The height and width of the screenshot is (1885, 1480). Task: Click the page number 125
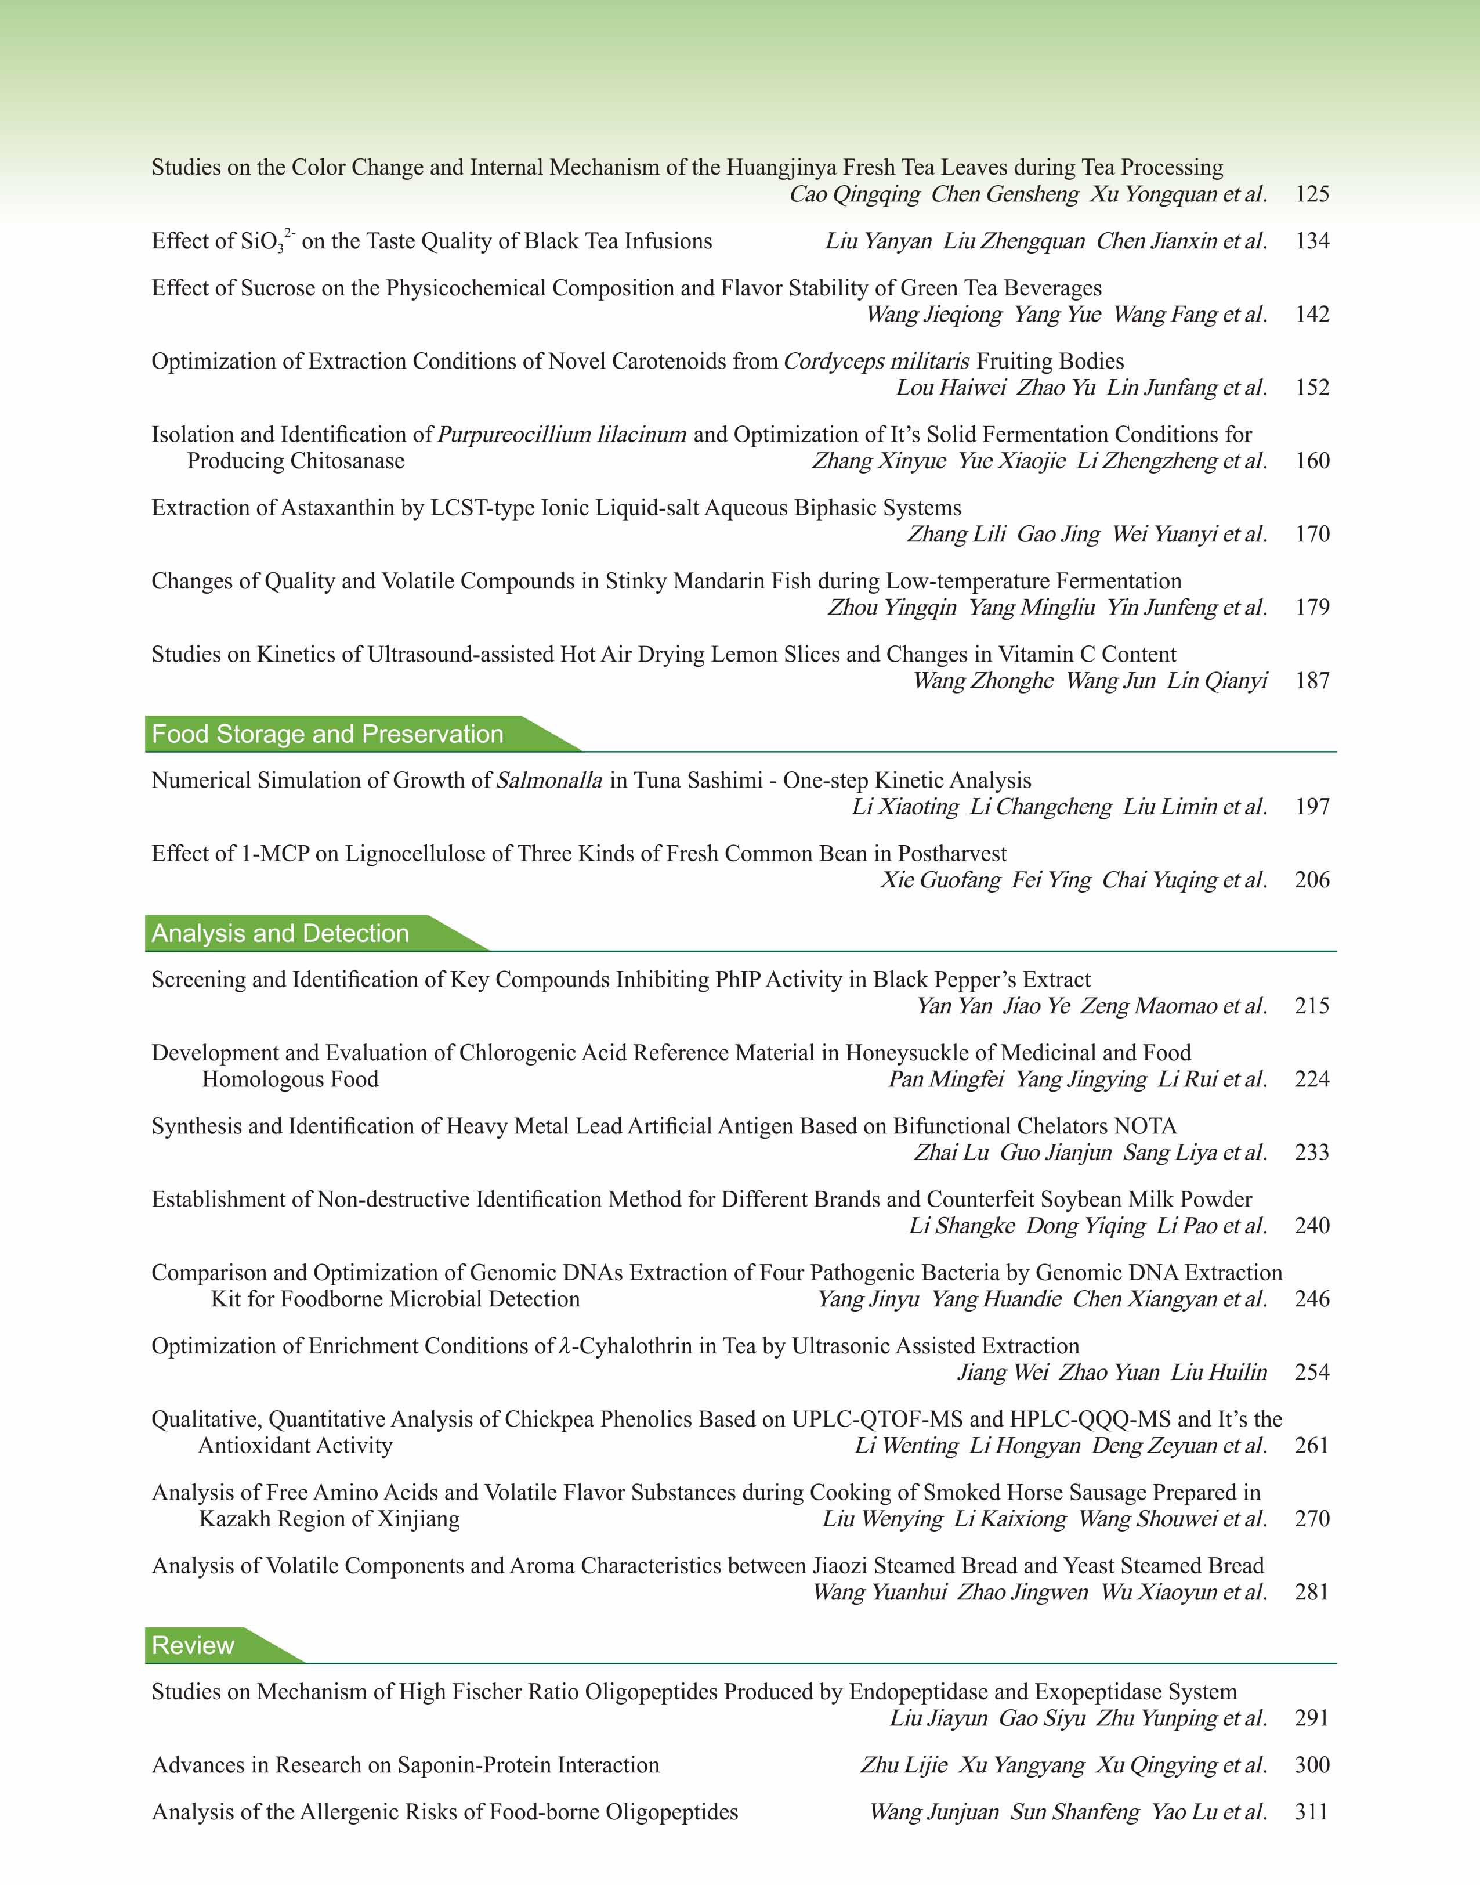click(1312, 194)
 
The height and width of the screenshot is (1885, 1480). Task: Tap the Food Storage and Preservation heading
click(328, 734)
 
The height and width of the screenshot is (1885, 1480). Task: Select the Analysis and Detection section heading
click(280, 933)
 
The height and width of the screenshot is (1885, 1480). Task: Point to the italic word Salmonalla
click(549, 781)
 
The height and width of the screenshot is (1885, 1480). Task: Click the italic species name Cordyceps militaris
click(877, 362)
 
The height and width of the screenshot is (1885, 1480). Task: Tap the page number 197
click(1312, 807)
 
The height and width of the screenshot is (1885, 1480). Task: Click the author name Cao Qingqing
click(855, 194)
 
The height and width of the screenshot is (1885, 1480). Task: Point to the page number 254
click(1312, 1372)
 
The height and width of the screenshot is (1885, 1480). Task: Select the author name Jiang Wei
click(1003, 1372)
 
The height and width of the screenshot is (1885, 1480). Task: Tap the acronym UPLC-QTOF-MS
click(877, 1419)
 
